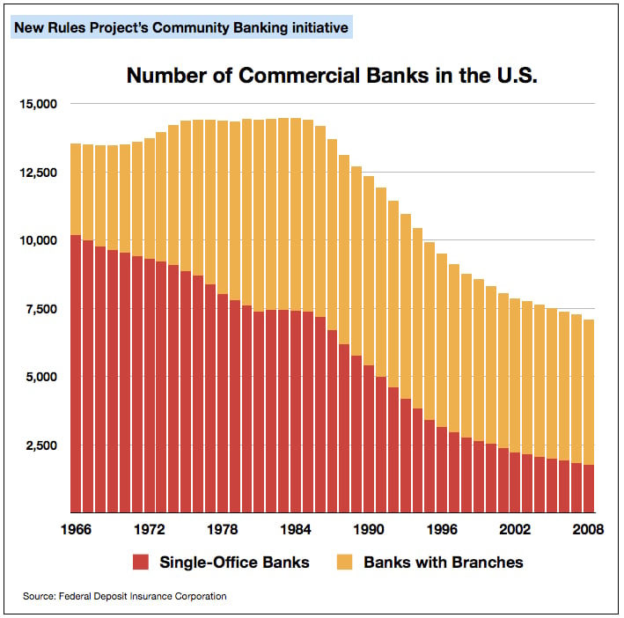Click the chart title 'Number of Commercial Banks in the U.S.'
coord(332,75)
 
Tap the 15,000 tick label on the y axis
coord(38,104)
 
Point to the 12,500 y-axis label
coord(38,172)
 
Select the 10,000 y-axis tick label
coord(38,239)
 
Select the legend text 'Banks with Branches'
coord(444,562)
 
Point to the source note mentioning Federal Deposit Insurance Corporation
coord(125,596)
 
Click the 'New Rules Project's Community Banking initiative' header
coord(181,28)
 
